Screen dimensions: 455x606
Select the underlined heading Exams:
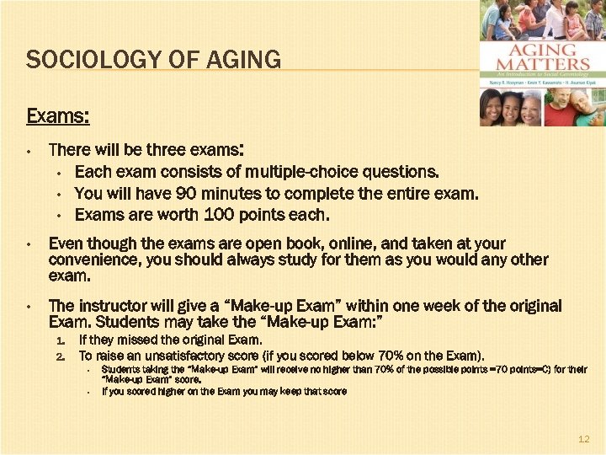(x=58, y=114)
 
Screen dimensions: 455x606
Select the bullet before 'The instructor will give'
(x=29, y=307)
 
